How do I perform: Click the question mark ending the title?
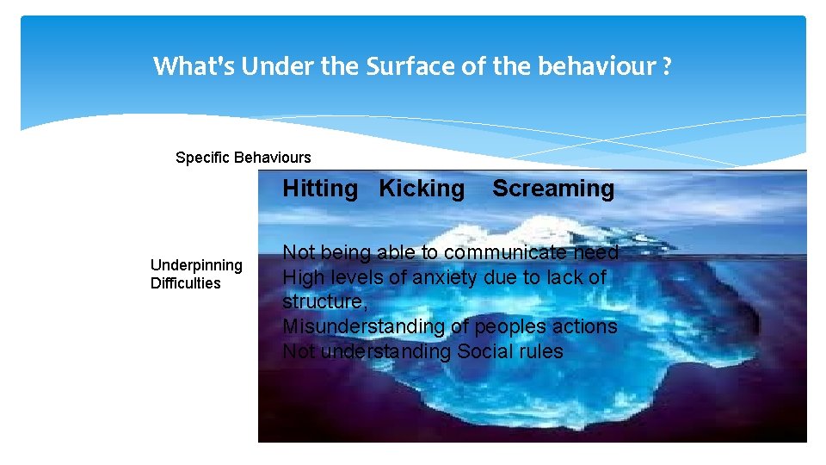coord(668,66)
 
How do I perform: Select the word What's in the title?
coord(194,66)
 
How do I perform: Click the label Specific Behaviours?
coord(243,158)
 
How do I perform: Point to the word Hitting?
coord(320,189)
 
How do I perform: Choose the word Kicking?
coord(422,189)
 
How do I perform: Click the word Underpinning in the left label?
coord(196,265)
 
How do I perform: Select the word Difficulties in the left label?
coord(185,283)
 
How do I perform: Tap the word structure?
coord(323,302)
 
